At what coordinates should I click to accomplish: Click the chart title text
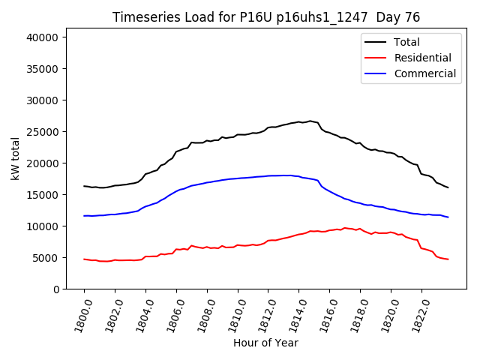[x=266, y=17]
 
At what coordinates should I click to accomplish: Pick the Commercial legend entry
[x=425, y=73]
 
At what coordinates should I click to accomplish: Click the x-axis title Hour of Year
[x=265, y=343]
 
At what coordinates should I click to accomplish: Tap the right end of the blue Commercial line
[x=448, y=217]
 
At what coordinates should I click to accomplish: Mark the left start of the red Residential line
[x=84, y=259]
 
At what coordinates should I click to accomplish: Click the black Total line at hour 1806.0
[x=176, y=151]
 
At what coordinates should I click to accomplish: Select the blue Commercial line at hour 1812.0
[x=268, y=175]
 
